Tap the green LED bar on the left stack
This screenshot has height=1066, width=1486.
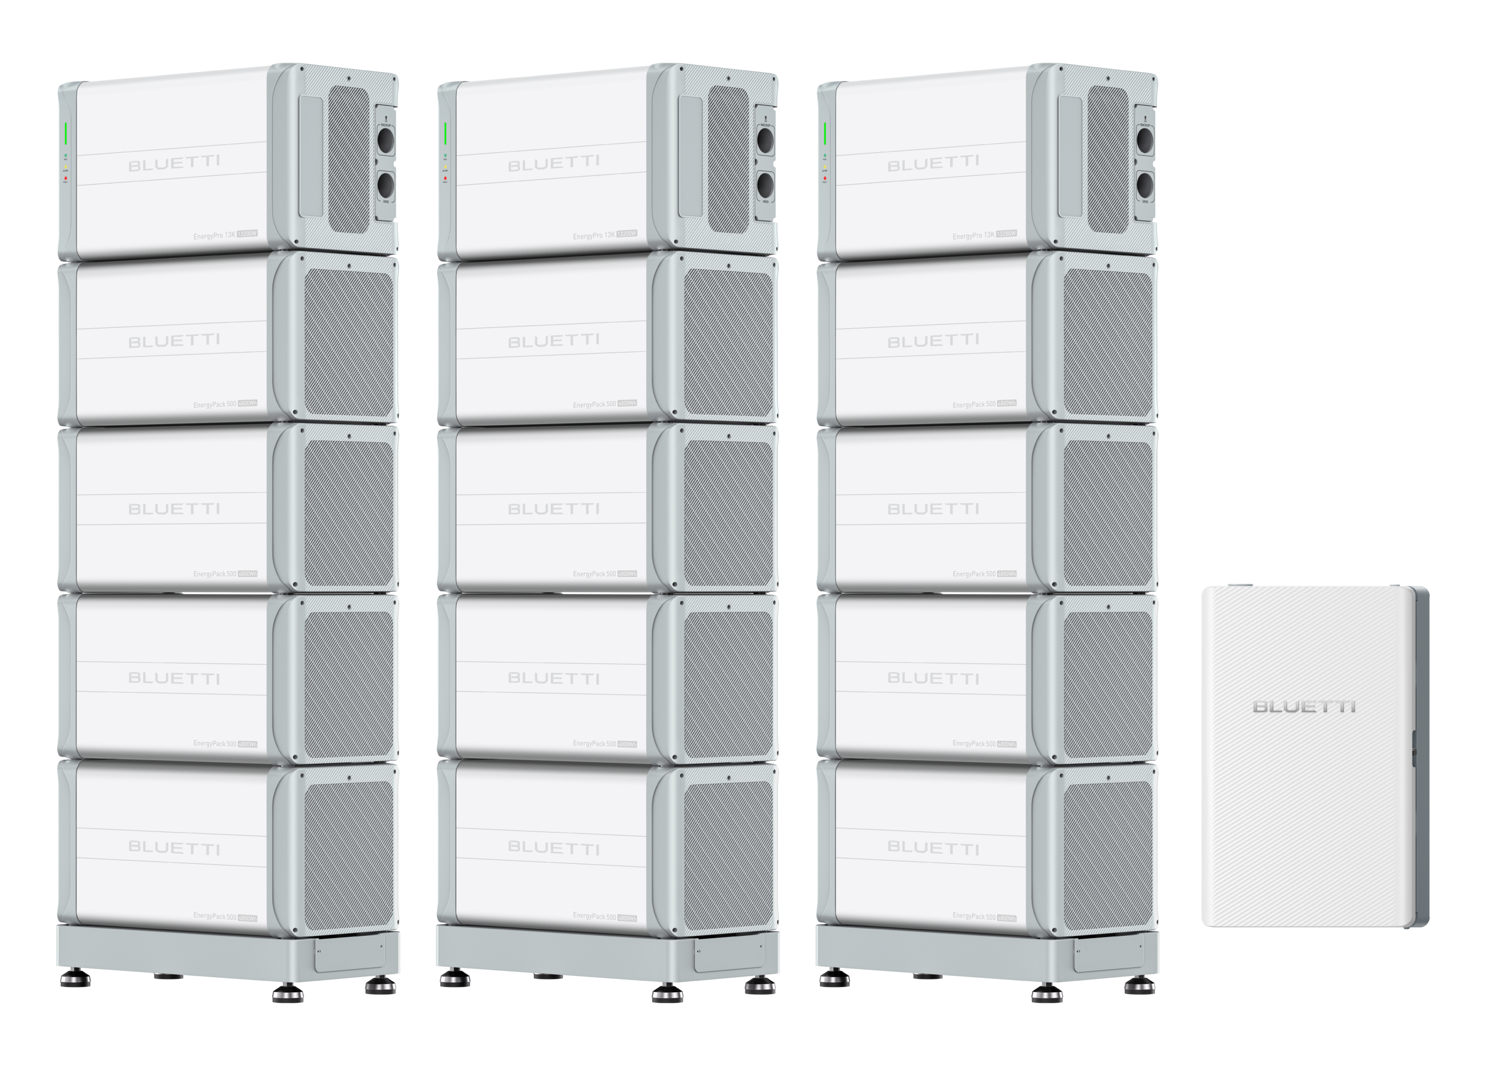pyautogui.click(x=66, y=134)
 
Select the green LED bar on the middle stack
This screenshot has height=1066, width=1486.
pyautogui.click(x=446, y=134)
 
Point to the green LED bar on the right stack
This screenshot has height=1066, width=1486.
pyautogui.click(x=825, y=134)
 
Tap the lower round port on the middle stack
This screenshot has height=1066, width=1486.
pyautogui.click(x=765, y=185)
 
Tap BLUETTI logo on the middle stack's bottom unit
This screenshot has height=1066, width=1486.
pyautogui.click(x=553, y=848)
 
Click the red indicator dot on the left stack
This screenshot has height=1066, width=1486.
pyautogui.click(x=66, y=178)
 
